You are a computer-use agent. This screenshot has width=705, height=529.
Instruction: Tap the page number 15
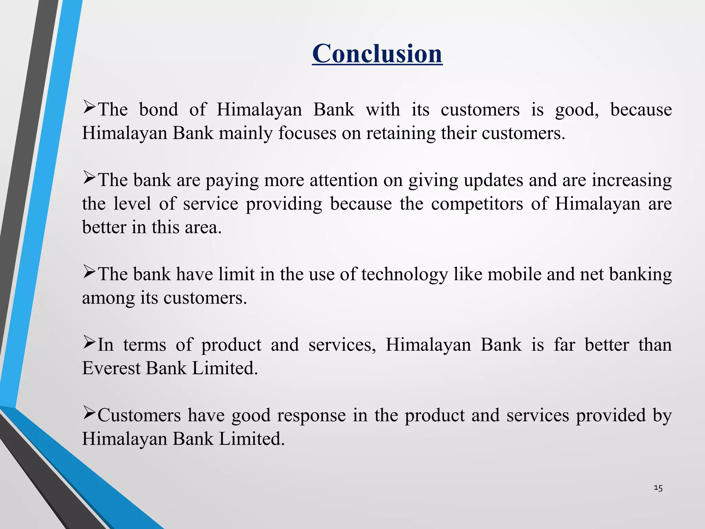click(658, 488)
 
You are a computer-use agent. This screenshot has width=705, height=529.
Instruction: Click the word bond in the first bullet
click(158, 110)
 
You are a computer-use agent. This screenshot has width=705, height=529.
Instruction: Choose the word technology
click(404, 275)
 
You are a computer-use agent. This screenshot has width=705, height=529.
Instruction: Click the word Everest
click(111, 368)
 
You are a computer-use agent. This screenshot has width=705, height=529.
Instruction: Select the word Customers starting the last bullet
click(139, 415)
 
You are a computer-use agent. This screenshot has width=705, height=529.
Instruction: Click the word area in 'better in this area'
click(203, 227)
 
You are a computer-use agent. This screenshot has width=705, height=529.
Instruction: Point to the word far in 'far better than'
click(565, 345)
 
